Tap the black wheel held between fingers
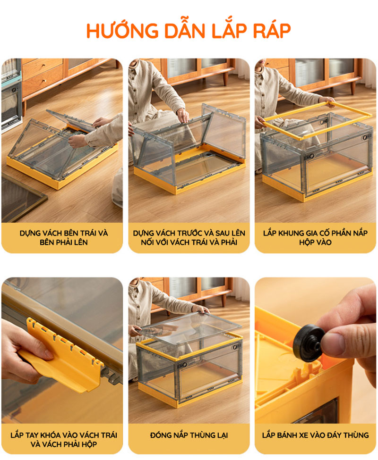308,343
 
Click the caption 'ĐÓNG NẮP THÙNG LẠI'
189,435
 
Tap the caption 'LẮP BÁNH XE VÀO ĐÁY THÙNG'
316,435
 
